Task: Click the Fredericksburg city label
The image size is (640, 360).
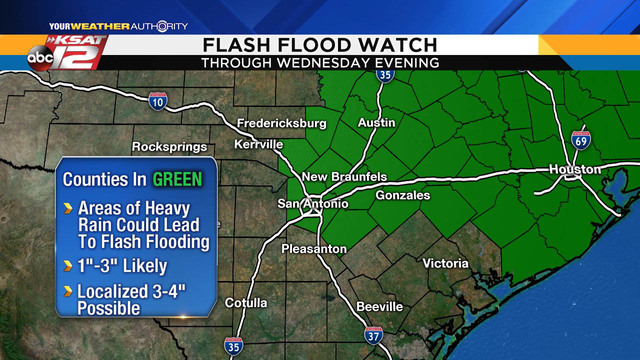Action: tap(282, 124)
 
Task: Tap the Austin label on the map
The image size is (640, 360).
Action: tap(377, 122)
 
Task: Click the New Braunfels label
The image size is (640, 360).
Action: tap(344, 177)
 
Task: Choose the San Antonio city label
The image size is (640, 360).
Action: tap(313, 204)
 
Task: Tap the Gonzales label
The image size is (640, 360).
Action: tap(402, 196)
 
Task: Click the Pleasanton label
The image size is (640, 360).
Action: tap(314, 248)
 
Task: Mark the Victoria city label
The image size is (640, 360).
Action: tap(445, 264)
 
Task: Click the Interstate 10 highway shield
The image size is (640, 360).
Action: tap(157, 100)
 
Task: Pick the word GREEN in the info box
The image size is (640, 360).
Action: tap(177, 180)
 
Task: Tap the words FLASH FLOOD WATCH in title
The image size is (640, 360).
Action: tap(319, 45)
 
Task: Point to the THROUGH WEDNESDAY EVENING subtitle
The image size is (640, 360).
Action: tap(319, 62)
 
